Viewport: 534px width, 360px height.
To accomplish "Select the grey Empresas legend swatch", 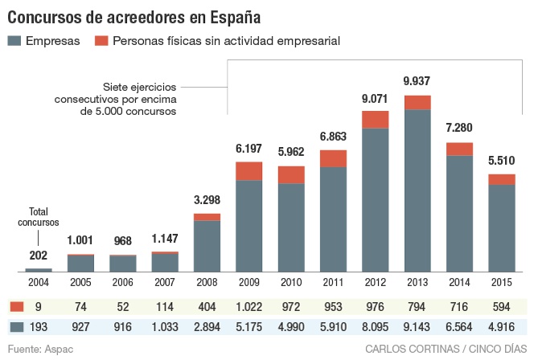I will pos(14,40).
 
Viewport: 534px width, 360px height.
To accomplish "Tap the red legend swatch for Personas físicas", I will pos(101,40).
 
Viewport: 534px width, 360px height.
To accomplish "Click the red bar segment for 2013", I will pos(417,102).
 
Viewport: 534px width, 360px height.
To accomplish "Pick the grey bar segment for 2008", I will pos(207,245).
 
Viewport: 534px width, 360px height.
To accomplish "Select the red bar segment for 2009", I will pos(249,171).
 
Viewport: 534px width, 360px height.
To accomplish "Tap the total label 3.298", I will pos(207,200).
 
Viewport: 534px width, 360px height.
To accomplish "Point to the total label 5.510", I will pos(502,159).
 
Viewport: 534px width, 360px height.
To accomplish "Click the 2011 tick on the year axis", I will pos(333,282).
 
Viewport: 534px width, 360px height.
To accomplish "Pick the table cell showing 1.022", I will pos(249,307).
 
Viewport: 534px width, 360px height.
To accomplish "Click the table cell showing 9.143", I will pos(417,327).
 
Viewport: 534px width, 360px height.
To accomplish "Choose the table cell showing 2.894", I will pos(207,327).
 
